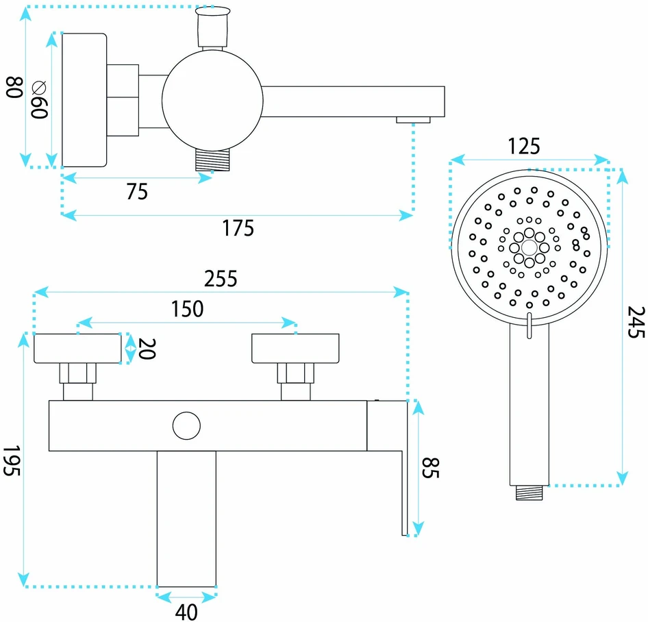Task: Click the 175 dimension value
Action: [x=238, y=228]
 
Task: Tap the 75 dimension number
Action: [x=137, y=191]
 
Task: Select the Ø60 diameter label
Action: [x=39, y=100]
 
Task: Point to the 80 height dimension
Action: [x=14, y=87]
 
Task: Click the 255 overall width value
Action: [x=221, y=279]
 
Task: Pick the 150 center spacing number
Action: [x=187, y=309]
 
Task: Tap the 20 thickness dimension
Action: [x=147, y=349]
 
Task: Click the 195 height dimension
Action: [x=12, y=460]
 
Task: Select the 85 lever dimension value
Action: [x=430, y=468]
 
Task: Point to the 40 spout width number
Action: [x=186, y=612]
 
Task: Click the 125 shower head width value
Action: [x=523, y=147]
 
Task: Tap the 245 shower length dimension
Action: [x=636, y=322]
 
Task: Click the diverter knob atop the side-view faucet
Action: [x=212, y=27]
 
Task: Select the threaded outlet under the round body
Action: [x=212, y=160]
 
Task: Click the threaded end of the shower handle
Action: [x=529, y=493]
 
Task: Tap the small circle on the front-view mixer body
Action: [x=186, y=425]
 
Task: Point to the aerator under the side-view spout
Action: [x=413, y=120]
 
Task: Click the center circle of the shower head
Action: [x=529, y=247]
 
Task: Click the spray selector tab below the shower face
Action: [x=529, y=325]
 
